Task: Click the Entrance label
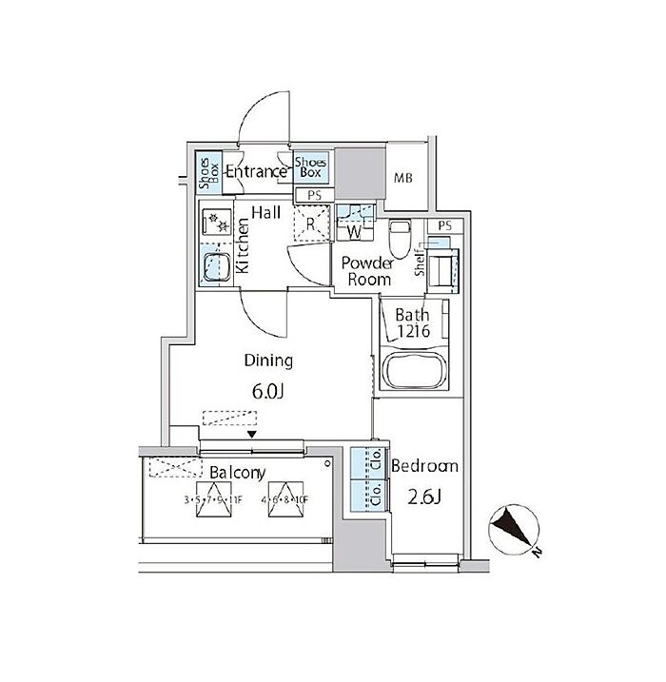(255, 172)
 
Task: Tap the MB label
(405, 178)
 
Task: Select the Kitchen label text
(243, 246)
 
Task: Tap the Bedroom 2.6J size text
(424, 496)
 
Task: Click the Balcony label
(237, 473)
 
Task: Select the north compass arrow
(515, 529)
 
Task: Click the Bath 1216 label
(417, 324)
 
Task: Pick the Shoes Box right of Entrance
(310, 168)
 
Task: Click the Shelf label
(420, 267)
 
